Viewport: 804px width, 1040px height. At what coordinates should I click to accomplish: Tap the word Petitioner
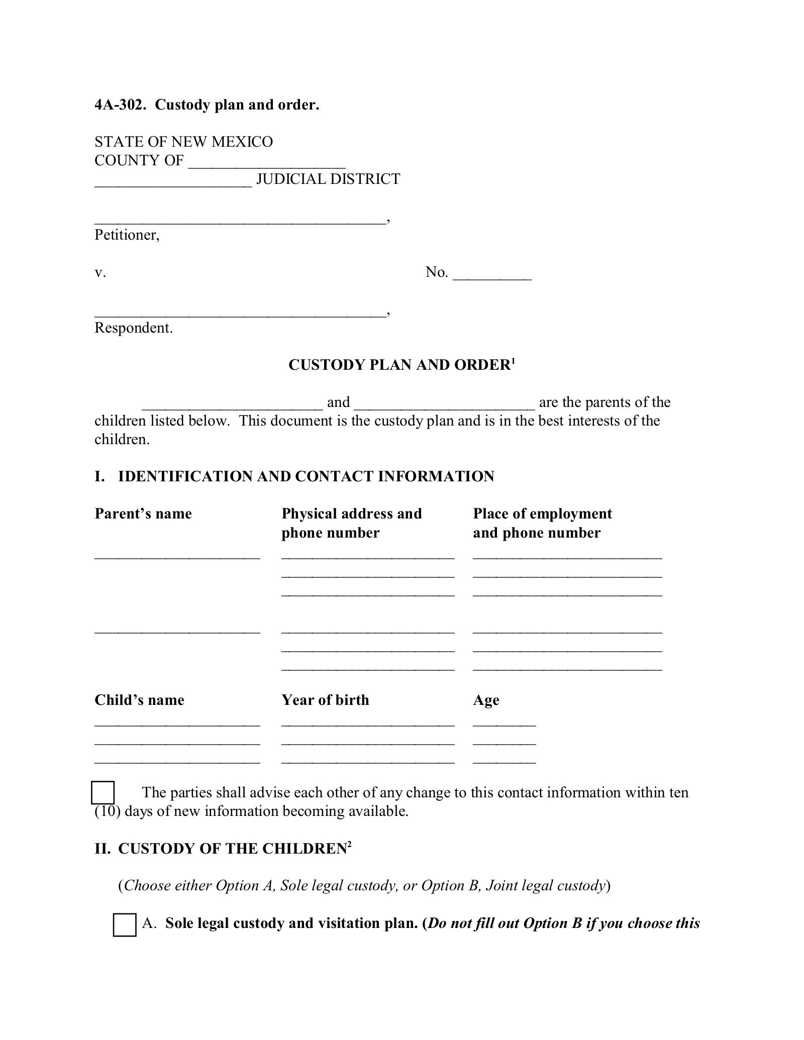click(x=126, y=235)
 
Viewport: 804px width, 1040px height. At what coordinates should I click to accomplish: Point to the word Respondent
click(x=133, y=328)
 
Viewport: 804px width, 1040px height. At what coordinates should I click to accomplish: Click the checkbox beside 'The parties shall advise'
click(x=103, y=793)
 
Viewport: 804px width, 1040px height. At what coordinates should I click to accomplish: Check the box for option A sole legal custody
click(x=125, y=925)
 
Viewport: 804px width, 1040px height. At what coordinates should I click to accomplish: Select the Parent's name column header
click(x=143, y=514)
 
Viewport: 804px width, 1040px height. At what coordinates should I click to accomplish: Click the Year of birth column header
click(x=325, y=700)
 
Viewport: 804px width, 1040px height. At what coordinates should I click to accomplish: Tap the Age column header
click(x=486, y=700)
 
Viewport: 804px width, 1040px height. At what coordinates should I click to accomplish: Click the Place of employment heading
click(x=542, y=514)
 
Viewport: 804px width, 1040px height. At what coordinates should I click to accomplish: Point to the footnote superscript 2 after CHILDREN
click(x=349, y=844)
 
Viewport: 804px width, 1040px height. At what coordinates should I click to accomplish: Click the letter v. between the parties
click(x=100, y=273)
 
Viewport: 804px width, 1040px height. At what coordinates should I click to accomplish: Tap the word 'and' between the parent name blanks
click(x=338, y=402)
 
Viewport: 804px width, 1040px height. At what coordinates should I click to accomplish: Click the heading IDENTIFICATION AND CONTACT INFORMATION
click(x=306, y=477)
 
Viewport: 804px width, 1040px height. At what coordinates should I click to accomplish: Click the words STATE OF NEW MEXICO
click(x=183, y=142)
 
